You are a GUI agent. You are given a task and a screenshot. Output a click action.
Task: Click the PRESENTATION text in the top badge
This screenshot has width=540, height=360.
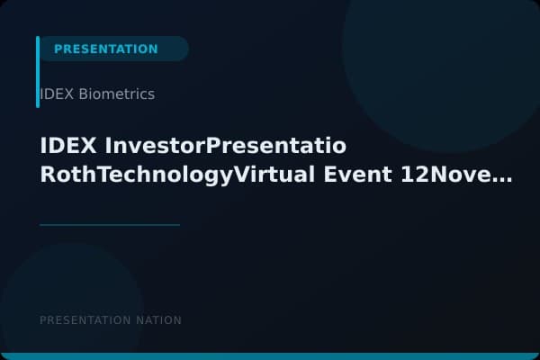coord(105,49)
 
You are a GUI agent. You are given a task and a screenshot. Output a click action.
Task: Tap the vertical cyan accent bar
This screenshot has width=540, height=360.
coord(38,72)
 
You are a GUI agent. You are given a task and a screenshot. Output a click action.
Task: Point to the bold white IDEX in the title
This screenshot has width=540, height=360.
coord(69,146)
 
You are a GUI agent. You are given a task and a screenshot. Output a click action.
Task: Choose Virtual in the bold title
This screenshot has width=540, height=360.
coord(274,175)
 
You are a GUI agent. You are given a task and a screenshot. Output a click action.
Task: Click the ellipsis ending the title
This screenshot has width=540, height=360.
coord(502,178)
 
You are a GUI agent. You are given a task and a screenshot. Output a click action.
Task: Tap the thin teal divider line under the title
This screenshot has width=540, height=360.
coord(110,224)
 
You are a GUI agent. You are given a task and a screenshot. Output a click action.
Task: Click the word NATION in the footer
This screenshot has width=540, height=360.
coord(161,320)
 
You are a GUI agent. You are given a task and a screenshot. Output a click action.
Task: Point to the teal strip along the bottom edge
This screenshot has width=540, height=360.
coord(270,356)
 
